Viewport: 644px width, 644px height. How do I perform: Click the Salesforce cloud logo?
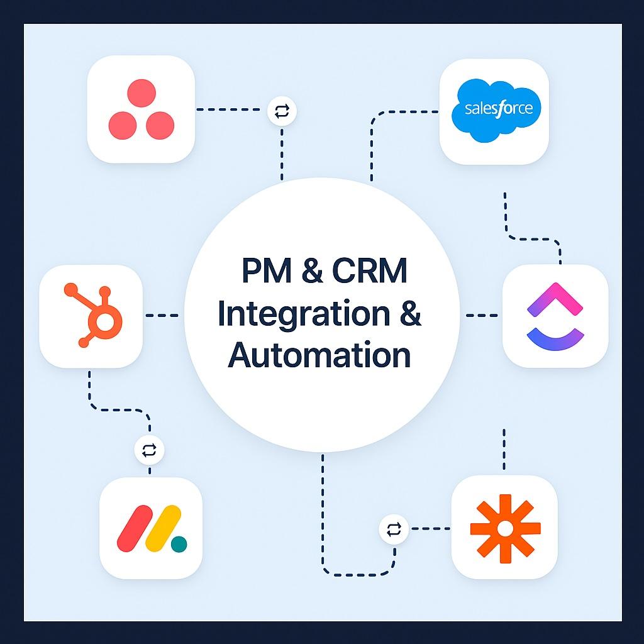click(496, 110)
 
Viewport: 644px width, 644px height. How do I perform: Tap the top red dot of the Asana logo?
click(142, 93)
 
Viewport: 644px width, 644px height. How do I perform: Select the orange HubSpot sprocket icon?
click(94, 315)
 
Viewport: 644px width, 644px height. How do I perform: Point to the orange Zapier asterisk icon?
click(505, 529)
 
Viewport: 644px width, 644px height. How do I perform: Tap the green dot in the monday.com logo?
click(179, 544)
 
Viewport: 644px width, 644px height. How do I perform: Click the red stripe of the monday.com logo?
click(135, 528)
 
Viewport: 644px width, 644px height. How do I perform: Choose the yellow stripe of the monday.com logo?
click(163, 528)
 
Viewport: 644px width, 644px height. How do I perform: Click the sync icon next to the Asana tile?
click(282, 111)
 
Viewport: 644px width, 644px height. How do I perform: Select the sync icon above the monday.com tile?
click(149, 450)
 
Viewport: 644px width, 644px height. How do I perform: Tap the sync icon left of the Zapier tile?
click(394, 529)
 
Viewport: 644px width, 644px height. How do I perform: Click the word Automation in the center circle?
click(319, 355)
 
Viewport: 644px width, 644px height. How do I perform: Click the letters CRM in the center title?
click(370, 270)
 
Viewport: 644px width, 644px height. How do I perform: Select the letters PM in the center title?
click(267, 270)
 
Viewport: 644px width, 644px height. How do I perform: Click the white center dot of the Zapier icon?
click(505, 529)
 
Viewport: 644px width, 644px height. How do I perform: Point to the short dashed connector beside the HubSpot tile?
click(162, 316)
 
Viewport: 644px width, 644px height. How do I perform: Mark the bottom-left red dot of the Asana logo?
click(123, 125)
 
